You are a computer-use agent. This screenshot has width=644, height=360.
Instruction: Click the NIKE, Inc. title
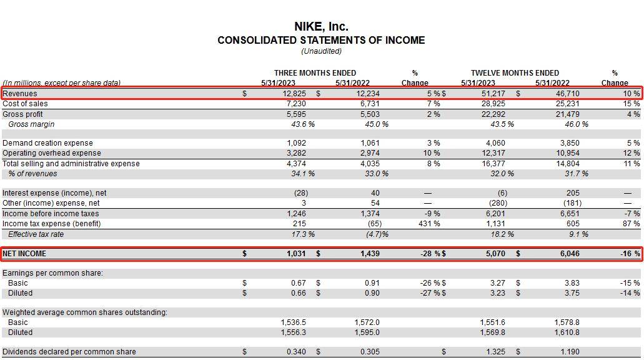point(321,27)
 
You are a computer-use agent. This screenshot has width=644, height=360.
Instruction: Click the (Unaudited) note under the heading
point(321,51)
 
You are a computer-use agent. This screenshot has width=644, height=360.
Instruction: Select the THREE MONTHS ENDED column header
point(315,72)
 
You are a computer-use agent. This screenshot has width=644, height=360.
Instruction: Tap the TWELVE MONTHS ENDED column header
point(515,72)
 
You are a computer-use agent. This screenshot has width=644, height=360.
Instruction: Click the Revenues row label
point(20,94)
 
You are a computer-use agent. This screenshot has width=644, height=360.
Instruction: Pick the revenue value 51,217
point(493,94)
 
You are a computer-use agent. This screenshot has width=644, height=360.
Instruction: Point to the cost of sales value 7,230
point(296,104)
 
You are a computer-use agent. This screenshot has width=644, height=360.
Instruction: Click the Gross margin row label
point(31,124)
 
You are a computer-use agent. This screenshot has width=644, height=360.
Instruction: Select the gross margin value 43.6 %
point(303,124)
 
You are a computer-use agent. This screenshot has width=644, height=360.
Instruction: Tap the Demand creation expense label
point(47,143)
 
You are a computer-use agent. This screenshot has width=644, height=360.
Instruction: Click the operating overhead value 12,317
point(493,153)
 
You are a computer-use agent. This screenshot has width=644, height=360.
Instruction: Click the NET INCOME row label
point(24,254)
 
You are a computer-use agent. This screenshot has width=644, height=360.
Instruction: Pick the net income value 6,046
point(570,254)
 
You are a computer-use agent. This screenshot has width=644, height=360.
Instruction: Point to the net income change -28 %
point(430,254)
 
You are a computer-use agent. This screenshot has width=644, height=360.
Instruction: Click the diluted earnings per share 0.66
point(298,293)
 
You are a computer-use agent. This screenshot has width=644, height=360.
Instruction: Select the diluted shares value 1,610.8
point(567,332)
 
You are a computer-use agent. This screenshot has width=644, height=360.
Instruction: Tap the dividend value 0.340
point(296,352)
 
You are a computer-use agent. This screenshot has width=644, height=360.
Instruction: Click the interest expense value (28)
point(301,193)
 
